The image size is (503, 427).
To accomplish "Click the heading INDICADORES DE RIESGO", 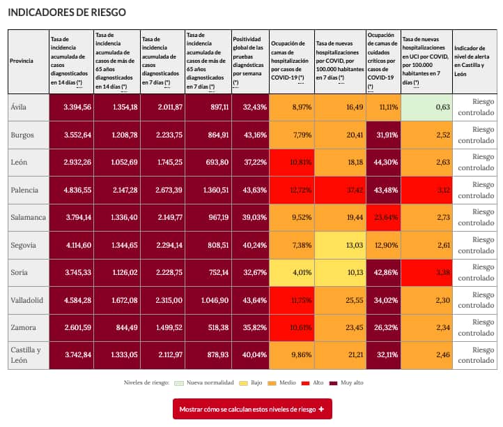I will (x=67, y=13).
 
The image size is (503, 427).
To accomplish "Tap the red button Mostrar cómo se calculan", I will (x=252, y=409).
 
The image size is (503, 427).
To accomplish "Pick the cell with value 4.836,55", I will (x=71, y=190).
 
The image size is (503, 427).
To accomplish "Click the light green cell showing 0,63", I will (x=426, y=107).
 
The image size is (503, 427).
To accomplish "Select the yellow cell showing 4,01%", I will (x=291, y=271).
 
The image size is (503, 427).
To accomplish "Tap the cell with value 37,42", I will (x=339, y=190).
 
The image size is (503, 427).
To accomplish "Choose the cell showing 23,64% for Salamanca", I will (x=382, y=217).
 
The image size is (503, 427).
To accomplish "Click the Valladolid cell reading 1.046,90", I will (x=208, y=299).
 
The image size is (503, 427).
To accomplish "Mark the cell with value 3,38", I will (x=426, y=271).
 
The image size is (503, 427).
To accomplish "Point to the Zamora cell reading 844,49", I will (x=116, y=327).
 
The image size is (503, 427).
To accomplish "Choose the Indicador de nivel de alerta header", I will (x=473, y=61).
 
